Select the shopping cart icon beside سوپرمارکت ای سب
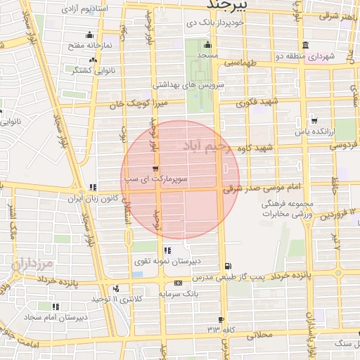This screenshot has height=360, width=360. point(155,169)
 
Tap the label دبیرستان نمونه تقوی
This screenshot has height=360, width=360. point(167,261)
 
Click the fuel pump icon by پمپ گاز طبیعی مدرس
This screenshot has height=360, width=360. point(226,266)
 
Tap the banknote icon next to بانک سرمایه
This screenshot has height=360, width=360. point(177,283)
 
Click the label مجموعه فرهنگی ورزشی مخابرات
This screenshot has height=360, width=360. point(286,207)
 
